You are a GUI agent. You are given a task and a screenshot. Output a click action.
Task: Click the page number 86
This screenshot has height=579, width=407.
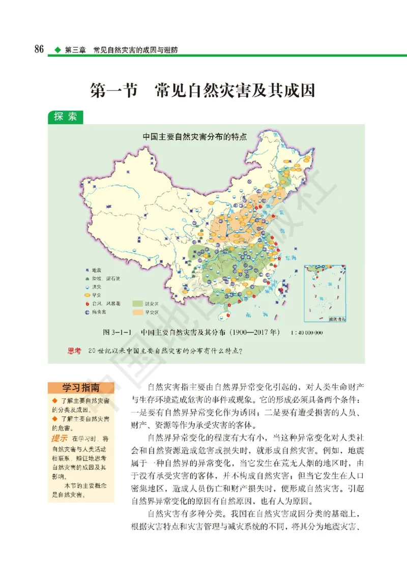pos(38,49)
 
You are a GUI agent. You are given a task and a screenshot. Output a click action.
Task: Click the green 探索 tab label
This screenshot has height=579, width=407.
pos(65,116)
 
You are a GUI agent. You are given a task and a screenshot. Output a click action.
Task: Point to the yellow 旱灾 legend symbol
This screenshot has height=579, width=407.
pos(87,295)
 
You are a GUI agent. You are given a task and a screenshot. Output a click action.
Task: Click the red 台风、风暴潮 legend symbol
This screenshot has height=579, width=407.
pos(87,303)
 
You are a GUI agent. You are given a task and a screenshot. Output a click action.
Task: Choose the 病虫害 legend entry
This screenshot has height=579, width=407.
pos(96,311)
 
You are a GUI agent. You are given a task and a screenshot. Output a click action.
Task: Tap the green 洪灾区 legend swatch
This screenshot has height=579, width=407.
pos(140,303)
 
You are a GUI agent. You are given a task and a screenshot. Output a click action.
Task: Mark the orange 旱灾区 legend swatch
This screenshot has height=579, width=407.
pos(140,311)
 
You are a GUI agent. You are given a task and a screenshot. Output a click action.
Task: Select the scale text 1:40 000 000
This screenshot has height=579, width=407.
pos(307,333)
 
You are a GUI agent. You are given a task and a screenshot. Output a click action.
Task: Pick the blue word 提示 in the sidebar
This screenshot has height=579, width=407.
pos(60,438)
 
